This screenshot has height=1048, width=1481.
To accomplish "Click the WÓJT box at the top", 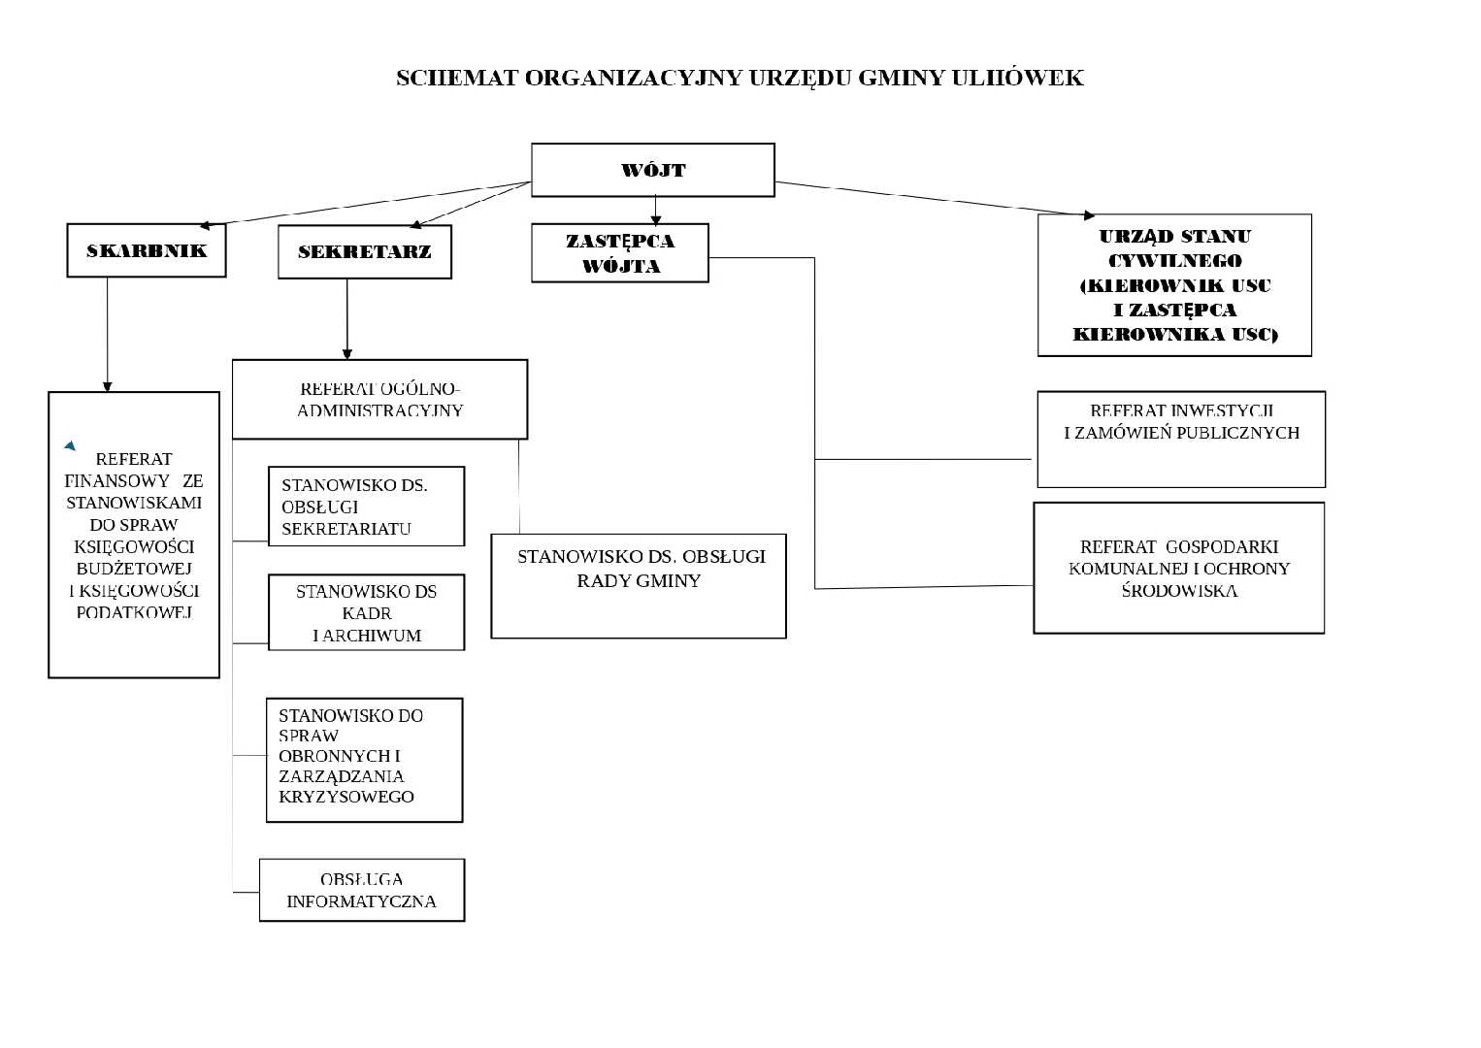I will [x=652, y=170].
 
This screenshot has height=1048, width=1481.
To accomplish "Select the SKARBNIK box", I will [x=147, y=250].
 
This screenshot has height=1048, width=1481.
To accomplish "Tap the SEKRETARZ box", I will [x=364, y=251].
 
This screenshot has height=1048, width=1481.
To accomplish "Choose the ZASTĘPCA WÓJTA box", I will [x=619, y=253].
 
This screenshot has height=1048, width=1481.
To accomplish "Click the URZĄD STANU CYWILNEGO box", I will [x=1174, y=284].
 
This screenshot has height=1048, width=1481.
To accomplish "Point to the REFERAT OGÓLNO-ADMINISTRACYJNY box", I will [x=379, y=400].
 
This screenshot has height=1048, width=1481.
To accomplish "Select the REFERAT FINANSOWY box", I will [x=134, y=535].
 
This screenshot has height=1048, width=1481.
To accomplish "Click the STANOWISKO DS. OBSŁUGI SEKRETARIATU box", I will [x=366, y=507].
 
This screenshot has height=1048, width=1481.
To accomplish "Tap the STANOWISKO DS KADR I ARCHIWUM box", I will [x=366, y=612].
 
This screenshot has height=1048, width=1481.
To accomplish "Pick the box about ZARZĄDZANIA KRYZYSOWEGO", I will [x=364, y=760].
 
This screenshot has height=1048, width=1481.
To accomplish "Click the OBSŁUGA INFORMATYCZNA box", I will [x=361, y=890].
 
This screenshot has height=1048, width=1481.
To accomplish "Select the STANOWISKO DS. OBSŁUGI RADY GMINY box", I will [x=639, y=585].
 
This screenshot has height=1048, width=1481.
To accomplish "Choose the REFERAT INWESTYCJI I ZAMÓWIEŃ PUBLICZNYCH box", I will [x=1181, y=440].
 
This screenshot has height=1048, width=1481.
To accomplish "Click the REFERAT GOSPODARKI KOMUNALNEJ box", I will [x=1178, y=568].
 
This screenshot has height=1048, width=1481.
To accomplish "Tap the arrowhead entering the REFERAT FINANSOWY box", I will [x=107, y=386].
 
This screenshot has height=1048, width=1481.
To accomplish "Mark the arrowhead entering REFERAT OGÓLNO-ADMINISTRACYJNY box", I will [x=347, y=354].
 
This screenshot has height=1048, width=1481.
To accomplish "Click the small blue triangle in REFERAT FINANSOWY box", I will [x=70, y=445].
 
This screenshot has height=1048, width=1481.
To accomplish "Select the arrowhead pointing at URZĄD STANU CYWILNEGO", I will [x=1089, y=214].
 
